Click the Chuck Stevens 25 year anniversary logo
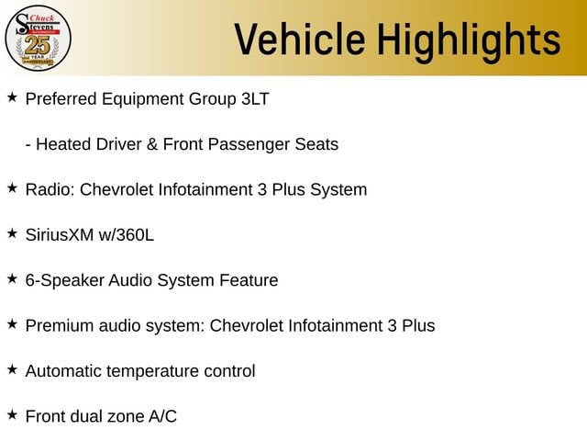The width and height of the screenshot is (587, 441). point(38,39)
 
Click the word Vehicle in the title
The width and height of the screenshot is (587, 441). point(300,39)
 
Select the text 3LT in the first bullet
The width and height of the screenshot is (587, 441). point(255,99)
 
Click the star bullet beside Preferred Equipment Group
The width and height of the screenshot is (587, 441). point(12,97)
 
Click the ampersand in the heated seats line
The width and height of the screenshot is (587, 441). point(152,144)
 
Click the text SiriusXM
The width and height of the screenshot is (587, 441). point(60,235)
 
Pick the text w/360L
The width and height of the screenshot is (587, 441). point(127,235)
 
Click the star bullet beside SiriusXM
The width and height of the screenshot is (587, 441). point(12,233)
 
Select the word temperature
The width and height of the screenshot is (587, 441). point(153,371)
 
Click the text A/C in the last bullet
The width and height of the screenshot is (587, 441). point(162,416)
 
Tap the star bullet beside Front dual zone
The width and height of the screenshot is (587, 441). point(12,415)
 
